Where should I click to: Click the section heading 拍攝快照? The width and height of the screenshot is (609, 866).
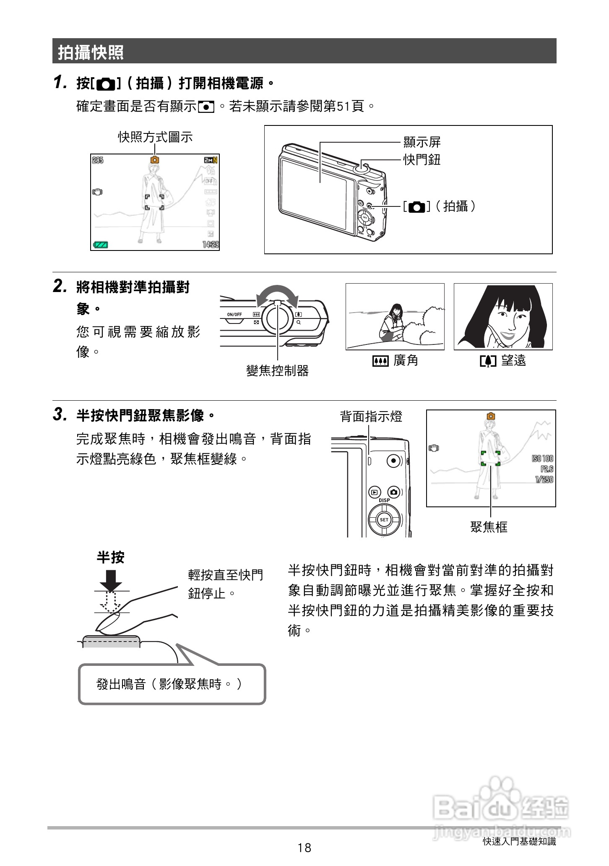point(91,52)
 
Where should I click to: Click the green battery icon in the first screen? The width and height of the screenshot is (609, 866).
point(101,245)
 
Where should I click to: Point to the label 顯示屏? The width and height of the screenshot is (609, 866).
point(422,142)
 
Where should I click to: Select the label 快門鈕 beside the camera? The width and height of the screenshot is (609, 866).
point(422,160)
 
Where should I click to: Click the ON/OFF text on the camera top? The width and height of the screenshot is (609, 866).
point(234,314)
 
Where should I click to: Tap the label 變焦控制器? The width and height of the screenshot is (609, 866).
point(277,370)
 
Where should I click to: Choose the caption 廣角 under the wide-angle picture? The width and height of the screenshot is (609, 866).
point(405,360)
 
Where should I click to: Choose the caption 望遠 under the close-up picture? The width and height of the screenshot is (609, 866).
point(513,360)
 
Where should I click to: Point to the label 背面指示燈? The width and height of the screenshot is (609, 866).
point(371,417)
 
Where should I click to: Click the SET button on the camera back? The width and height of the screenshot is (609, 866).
point(384,519)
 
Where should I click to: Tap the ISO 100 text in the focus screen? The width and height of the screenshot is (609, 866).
point(542,458)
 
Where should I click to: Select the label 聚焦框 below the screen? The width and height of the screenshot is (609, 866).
point(489,527)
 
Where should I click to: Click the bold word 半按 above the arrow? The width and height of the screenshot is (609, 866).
point(110,558)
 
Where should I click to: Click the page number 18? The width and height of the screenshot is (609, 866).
point(304,848)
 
